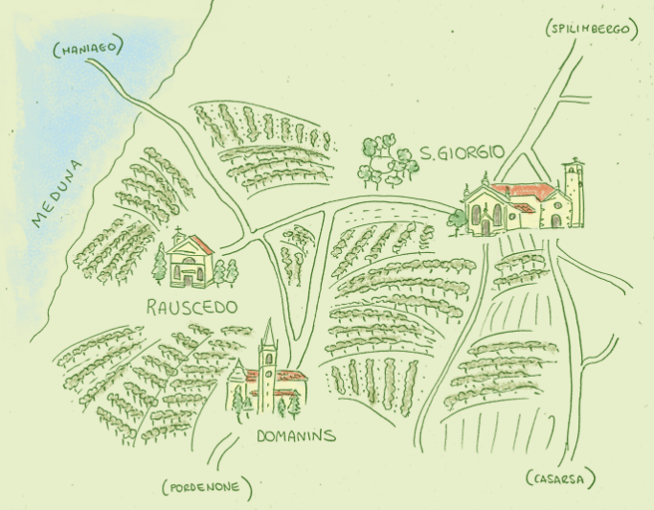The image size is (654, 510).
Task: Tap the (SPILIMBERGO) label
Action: coord(591,30)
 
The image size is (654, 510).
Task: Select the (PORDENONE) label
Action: coord(207,485)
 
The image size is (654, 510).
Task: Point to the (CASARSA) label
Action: coord(561,478)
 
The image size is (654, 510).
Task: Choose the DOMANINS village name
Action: coord(297,436)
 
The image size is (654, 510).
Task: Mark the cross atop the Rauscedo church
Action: coord(178,230)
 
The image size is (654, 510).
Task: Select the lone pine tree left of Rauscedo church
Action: coord(159,264)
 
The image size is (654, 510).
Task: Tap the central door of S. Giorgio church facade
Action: coord(485,226)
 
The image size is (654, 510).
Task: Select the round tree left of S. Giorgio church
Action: coord(457,220)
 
